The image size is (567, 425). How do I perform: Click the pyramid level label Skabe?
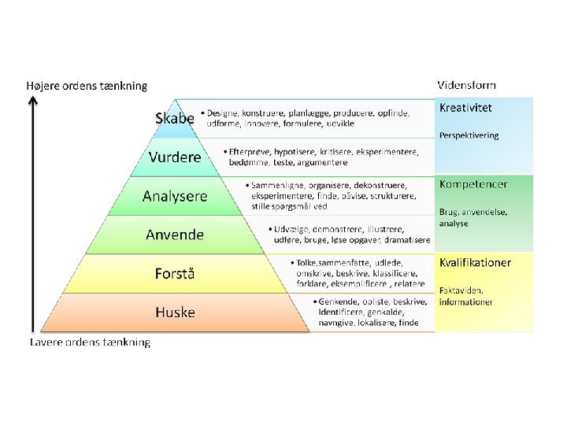tap(175, 119)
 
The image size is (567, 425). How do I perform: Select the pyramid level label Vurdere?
tap(175, 157)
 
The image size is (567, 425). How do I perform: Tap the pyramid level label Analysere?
tap(175, 196)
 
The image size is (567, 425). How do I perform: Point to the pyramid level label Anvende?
tap(175, 235)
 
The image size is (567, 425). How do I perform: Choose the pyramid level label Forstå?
tap(175, 274)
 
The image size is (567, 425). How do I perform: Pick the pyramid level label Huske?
tap(175, 312)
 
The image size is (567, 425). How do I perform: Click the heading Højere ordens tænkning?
tap(87, 86)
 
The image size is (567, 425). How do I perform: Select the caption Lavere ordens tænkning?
tap(90, 342)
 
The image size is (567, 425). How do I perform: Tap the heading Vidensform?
tap(467, 85)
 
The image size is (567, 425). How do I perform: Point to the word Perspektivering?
tap(469, 135)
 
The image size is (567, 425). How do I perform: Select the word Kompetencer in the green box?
tap(473, 184)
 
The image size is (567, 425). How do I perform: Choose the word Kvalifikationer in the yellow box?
tap(475, 262)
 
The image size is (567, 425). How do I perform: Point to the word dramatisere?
tap(408, 240)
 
